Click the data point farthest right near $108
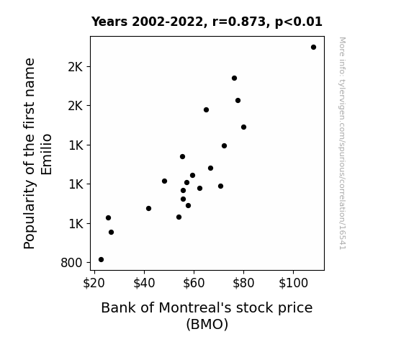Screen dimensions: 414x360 pos(313,48)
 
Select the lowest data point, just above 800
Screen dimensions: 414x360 pos(101,260)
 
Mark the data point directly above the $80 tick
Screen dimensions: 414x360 pos(243,127)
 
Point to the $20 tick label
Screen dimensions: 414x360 pos(94,283)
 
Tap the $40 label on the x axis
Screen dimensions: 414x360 pos(144,283)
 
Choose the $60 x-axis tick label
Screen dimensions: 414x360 pos(194,283)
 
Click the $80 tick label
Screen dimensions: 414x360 pos(243,283)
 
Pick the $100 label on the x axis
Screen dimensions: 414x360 pos(293,283)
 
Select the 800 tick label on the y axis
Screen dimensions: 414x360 pos(71,263)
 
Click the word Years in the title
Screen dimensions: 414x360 pos(109,22)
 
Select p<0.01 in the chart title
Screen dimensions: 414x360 pos(299,22)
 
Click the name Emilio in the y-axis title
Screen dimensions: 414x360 pos(47,155)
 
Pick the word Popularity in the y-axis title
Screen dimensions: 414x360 pos(30,215)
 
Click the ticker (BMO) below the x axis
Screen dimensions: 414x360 pos(207,324)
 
